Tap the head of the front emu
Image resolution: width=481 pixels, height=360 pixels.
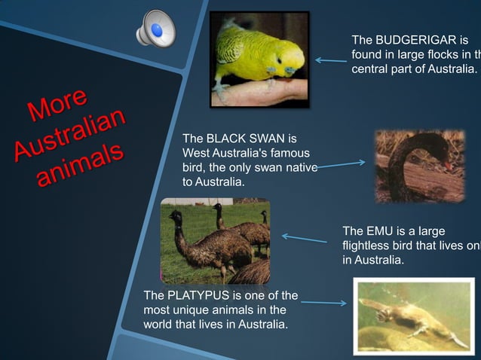pyautogui.click(x=176, y=218)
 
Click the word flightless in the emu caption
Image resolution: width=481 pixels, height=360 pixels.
pyautogui.click(x=368, y=246)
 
